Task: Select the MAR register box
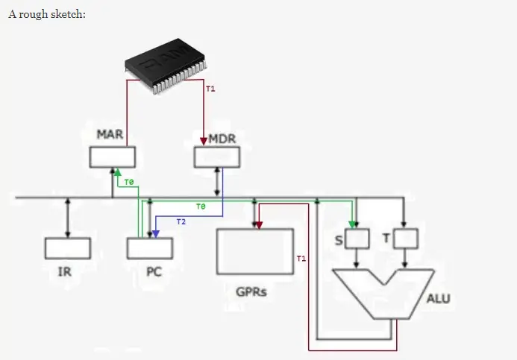click(112, 157)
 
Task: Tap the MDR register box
click(216, 157)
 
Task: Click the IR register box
click(67, 248)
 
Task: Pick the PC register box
click(149, 248)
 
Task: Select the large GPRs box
click(254, 252)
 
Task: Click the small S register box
click(358, 239)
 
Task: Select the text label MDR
click(222, 139)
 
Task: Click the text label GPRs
click(251, 291)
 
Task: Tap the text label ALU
click(438, 299)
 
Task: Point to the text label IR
click(65, 272)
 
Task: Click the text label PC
click(154, 272)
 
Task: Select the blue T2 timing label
click(181, 221)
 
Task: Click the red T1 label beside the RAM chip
click(210, 89)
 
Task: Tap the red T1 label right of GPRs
click(301, 259)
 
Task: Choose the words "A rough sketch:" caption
click(47, 15)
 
